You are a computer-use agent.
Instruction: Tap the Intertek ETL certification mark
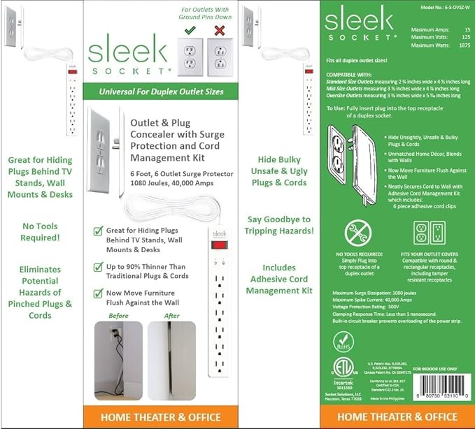342,371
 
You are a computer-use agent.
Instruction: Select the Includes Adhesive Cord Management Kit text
279,278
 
